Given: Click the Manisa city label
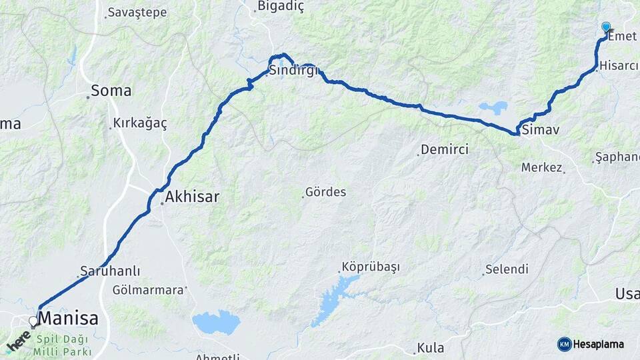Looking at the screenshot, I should click(x=68, y=319).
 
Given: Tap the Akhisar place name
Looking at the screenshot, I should click(x=192, y=197).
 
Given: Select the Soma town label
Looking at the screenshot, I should click(x=111, y=91).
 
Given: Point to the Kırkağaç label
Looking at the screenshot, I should click(x=140, y=123).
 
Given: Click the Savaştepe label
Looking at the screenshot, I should click(x=137, y=13).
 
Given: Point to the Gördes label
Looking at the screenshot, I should click(x=325, y=193).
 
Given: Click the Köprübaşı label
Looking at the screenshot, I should click(x=370, y=267).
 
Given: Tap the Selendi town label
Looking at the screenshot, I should click(x=507, y=269).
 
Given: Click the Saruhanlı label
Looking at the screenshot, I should click(x=110, y=271).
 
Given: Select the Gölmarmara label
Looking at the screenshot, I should click(x=147, y=290).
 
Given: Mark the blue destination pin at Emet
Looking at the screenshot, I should click(x=606, y=27).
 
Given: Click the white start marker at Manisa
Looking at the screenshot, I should click(x=33, y=322).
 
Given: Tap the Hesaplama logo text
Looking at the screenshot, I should click(x=598, y=345).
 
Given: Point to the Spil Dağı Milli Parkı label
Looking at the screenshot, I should click(x=65, y=345).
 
